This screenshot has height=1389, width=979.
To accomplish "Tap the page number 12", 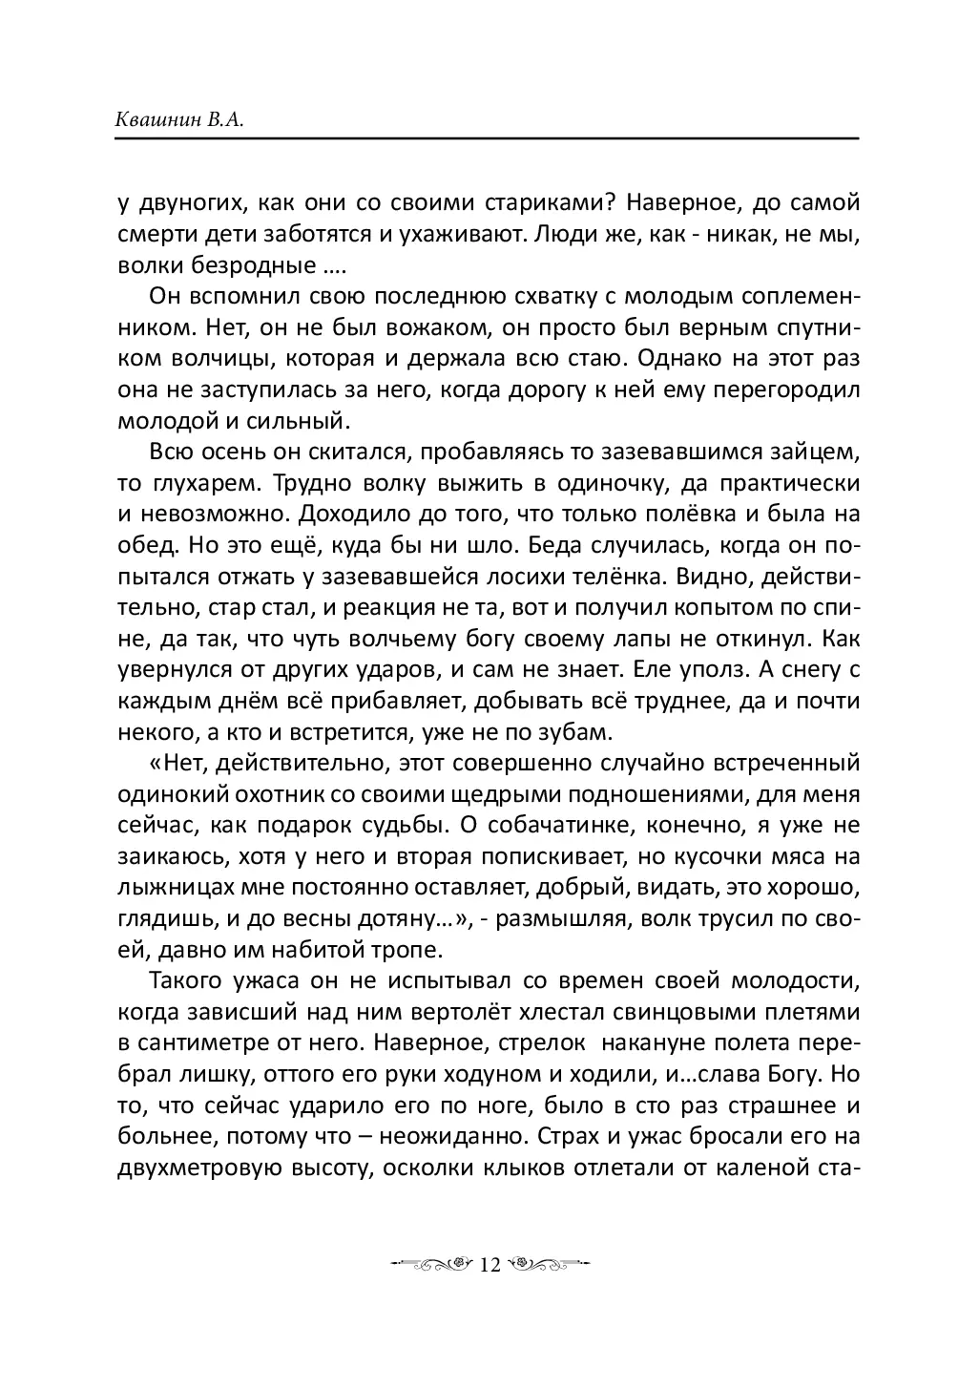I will tap(489, 1265).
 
